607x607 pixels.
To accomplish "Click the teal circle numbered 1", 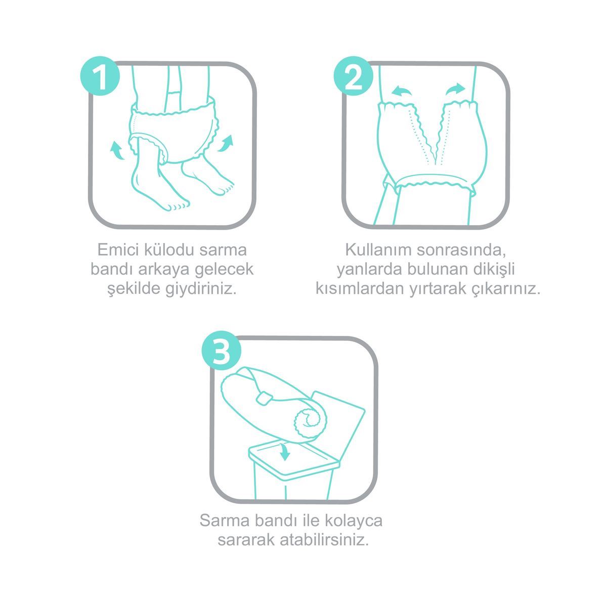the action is point(100,76).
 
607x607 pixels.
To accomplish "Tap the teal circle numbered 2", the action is point(354,76).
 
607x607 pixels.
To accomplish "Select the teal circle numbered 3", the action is point(222,350).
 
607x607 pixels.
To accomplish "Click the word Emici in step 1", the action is point(118,250).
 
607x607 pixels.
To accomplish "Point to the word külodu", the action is point(169,250).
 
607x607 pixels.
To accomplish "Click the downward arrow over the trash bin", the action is point(284,451).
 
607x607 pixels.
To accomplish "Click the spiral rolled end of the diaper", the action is point(311,422).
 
